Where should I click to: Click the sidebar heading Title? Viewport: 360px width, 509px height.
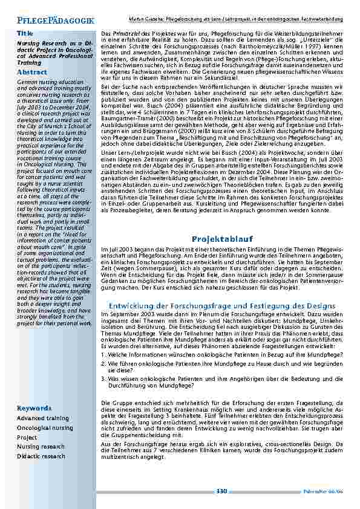click(x=25, y=33)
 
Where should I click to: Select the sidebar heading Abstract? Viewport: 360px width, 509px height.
click(x=32, y=72)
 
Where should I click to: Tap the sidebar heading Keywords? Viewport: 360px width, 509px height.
click(x=34, y=408)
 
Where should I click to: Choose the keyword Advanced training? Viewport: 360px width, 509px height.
click(x=43, y=418)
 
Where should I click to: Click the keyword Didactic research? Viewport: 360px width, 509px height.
click(x=41, y=456)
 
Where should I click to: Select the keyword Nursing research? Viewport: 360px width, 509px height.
click(x=40, y=447)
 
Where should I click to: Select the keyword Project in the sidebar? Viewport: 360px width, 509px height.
click(x=27, y=437)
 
